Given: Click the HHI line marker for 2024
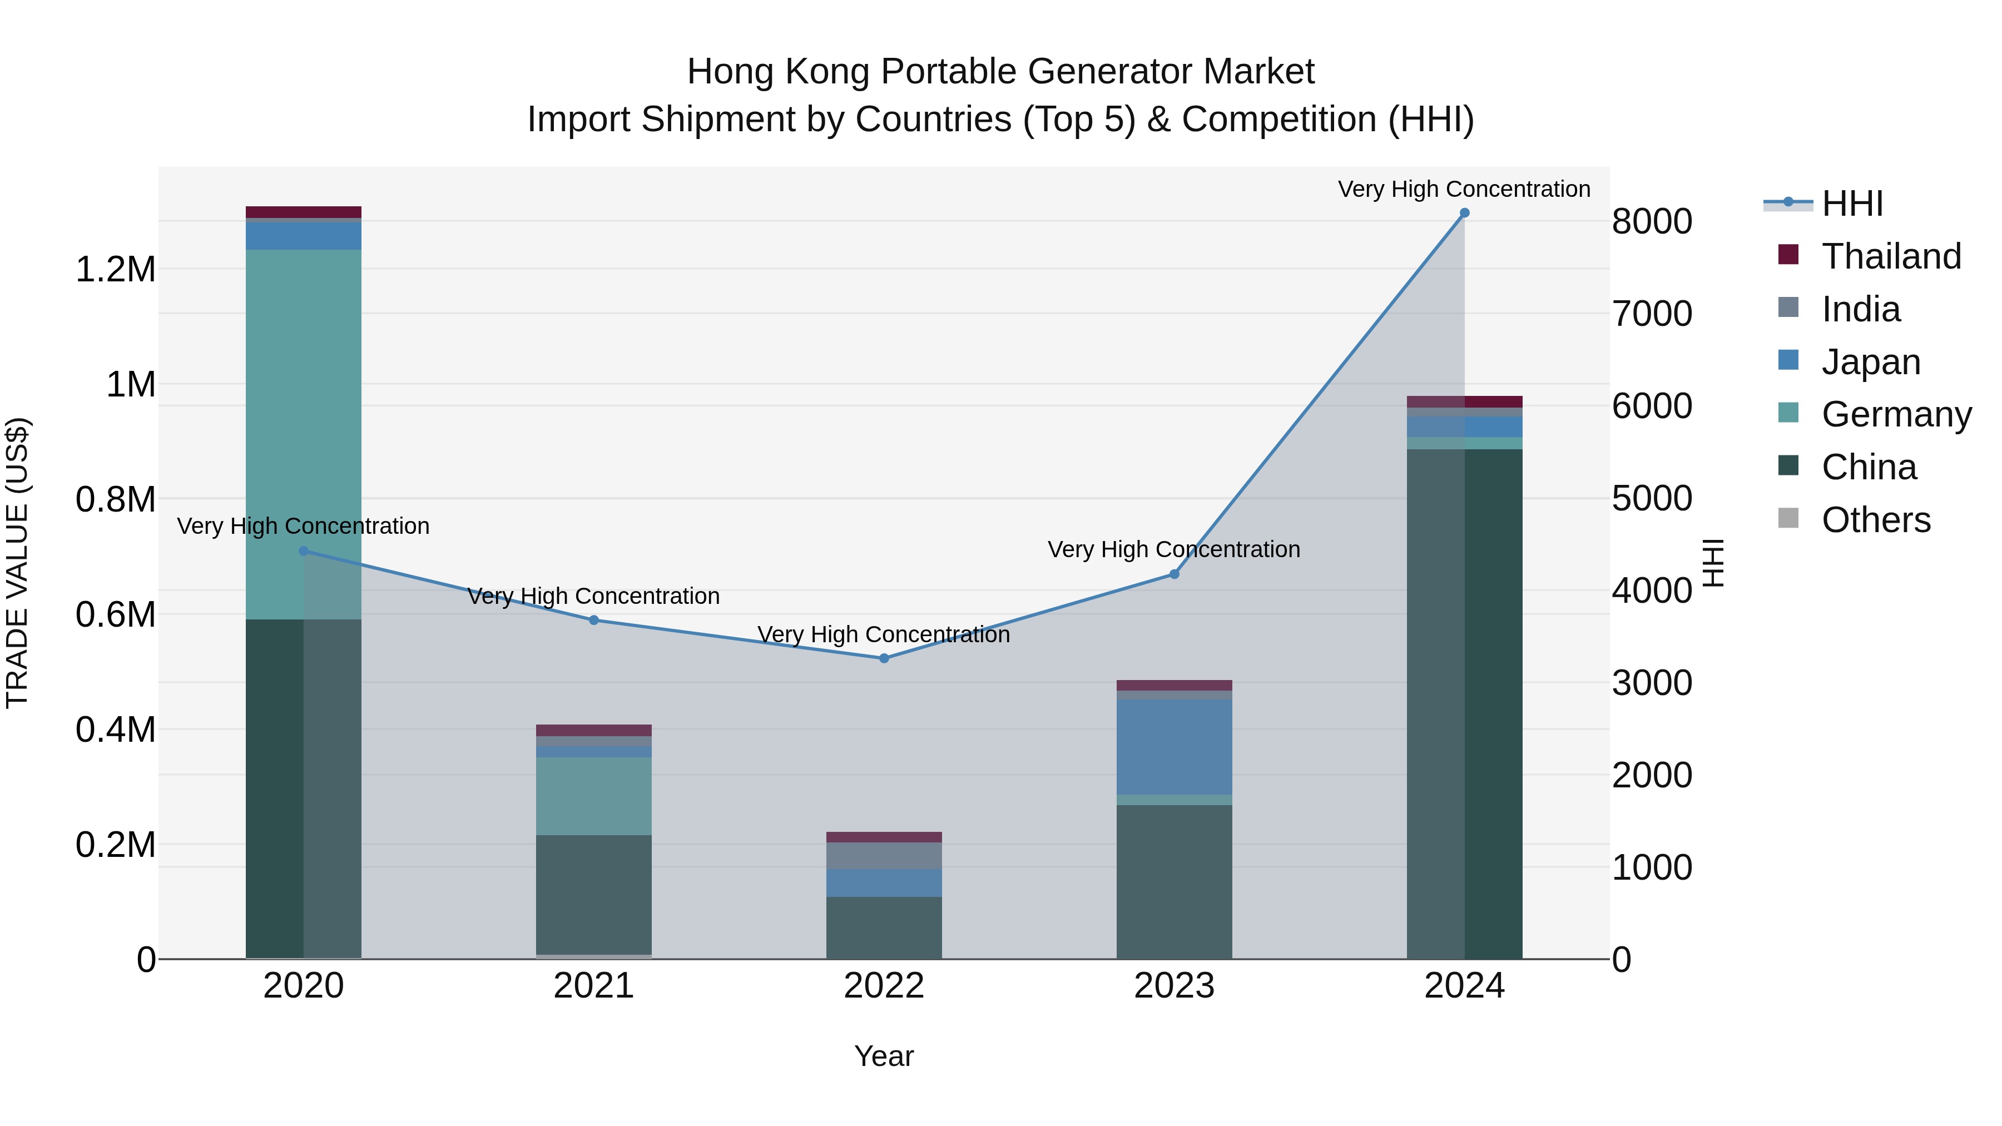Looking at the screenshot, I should (x=1464, y=213).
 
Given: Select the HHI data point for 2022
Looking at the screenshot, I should (x=884, y=658).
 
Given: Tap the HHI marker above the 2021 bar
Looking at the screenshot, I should (x=594, y=620).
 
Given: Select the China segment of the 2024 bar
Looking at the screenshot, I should (x=1464, y=700).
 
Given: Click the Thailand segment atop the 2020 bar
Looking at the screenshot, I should (x=303, y=212).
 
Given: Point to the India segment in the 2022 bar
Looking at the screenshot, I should (x=884, y=855).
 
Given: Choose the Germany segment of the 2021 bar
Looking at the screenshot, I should (x=594, y=796).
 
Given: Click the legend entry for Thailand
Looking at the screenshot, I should (x=1890, y=256).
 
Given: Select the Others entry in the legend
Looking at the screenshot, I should (x=1875, y=520).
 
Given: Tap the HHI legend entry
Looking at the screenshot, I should (x=1851, y=204).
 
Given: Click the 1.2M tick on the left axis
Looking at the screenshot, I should (x=115, y=270).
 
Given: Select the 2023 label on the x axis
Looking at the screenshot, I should (x=1173, y=986).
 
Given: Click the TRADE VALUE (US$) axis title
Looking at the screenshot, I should (x=17, y=563).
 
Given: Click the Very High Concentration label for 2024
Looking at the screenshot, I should (x=1464, y=189).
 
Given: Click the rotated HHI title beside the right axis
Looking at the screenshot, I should (x=1713, y=563).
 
